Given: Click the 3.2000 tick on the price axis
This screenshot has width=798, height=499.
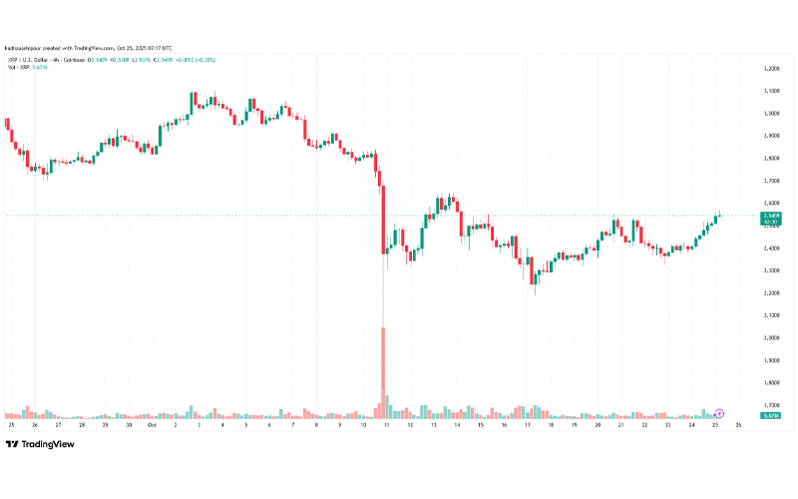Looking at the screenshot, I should pyautogui.click(x=771, y=69).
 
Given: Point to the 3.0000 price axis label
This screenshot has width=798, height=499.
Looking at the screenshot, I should pyautogui.click(x=771, y=114).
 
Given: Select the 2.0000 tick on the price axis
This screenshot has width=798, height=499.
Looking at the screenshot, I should pyautogui.click(x=771, y=337).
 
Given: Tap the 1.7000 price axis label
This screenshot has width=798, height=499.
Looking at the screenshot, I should pyautogui.click(x=771, y=405).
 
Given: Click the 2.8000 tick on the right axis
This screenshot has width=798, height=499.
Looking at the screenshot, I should pyautogui.click(x=771, y=159).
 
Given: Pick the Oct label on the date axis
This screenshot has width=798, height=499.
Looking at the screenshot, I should pyautogui.click(x=153, y=425).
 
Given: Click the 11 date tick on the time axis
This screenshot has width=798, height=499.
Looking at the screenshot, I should pyautogui.click(x=385, y=425).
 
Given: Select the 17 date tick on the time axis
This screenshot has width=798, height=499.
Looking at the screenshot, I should pyautogui.click(x=527, y=425).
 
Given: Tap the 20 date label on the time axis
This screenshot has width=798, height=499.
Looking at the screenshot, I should pyautogui.click(x=598, y=425).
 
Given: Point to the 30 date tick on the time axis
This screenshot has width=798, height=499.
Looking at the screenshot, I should pyautogui.click(x=130, y=425).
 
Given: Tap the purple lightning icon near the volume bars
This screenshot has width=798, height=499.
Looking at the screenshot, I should pyautogui.click(x=719, y=412).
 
